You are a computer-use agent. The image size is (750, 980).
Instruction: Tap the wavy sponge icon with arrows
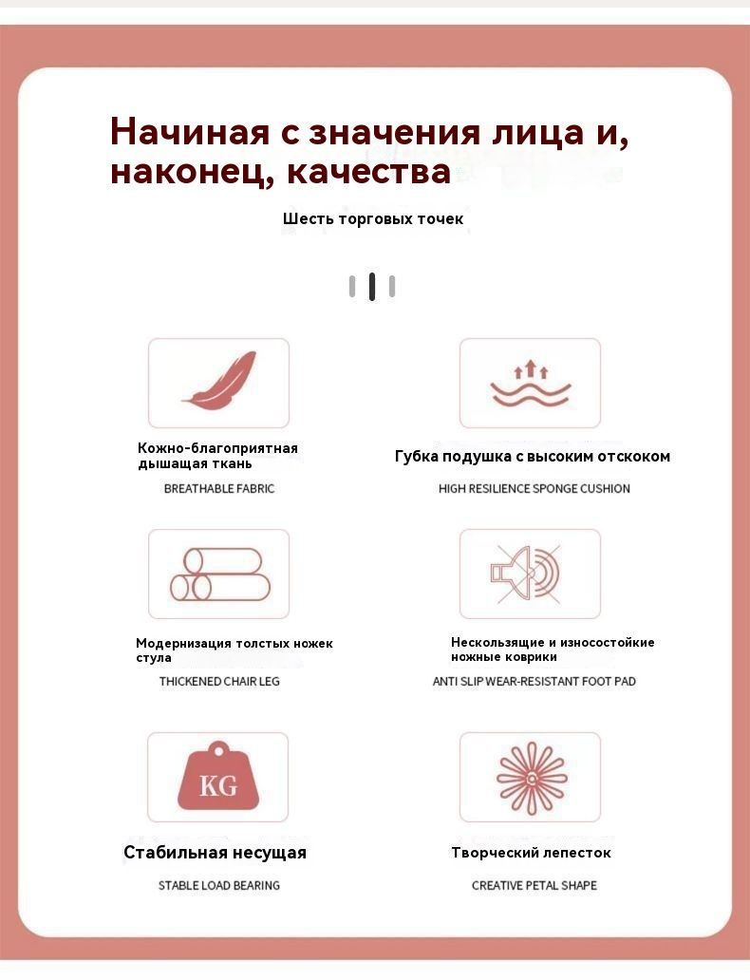tap(530, 383)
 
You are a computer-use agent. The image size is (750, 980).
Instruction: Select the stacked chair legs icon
tap(219, 575)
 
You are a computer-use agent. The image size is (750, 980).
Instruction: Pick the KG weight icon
tap(219, 777)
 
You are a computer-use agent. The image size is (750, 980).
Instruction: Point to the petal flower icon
tap(531, 777)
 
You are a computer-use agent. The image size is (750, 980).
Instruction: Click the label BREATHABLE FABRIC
tap(219, 489)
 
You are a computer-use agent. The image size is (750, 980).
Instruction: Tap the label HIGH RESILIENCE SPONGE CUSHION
tap(534, 489)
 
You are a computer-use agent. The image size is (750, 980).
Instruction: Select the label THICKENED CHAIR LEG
tap(219, 682)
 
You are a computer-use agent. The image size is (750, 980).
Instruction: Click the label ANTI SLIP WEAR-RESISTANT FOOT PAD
tap(534, 682)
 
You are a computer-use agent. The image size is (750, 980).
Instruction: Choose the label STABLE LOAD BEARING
tap(219, 886)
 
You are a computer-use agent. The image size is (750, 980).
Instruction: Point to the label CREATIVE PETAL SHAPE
tap(534, 886)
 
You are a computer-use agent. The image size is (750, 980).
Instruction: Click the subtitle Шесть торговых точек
tap(373, 219)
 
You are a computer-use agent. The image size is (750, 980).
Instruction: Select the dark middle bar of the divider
tap(372, 286)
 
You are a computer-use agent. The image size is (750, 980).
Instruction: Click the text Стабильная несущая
tap(215, 853)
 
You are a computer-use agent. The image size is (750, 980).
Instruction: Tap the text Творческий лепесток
tap(531, 853)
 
